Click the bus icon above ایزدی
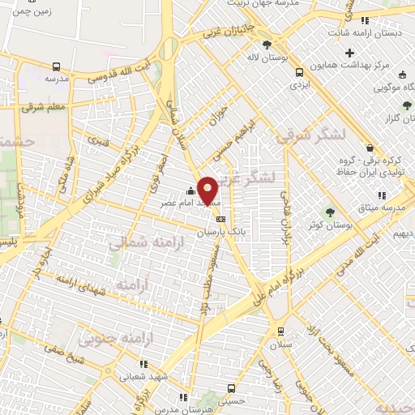click(x=300, y=71)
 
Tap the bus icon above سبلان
click(x=280, y=331)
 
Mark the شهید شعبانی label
click(x=143, y=376)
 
